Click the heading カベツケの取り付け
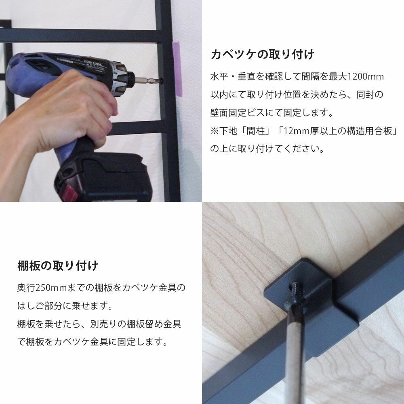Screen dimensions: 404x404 click(262, 55)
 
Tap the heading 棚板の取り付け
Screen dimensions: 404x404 click(58, 266)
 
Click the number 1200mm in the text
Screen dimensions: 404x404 click(366, 77)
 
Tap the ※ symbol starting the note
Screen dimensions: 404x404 click(215, 131)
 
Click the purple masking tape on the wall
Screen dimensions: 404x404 click(177, 69)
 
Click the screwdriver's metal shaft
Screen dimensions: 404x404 click(294, 353)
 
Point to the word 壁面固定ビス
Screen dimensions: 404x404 click(237, 113)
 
